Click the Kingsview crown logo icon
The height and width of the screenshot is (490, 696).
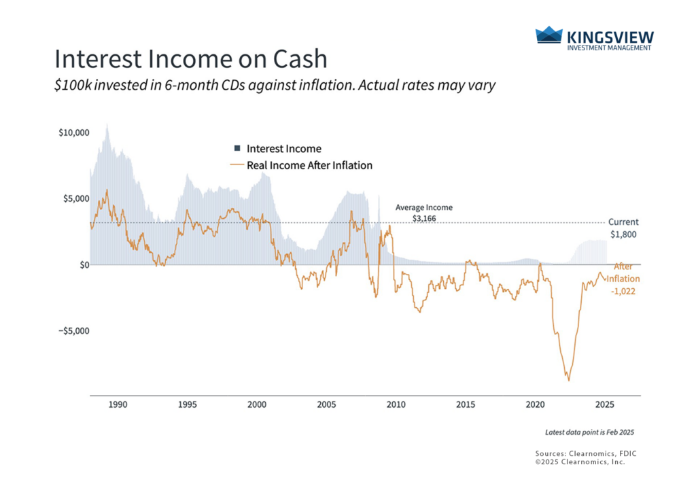coord(549,36)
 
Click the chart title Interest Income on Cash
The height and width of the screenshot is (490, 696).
coord(190,59)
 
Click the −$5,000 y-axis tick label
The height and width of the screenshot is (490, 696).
coord(73,331)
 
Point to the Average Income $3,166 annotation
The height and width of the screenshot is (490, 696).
coord(423,213)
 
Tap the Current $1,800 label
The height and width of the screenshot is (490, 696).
coord(623,228)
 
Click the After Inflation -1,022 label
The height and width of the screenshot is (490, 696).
coord(625,279)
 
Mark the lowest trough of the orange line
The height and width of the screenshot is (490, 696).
coord(568,381)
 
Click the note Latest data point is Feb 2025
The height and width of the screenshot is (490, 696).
coord(589,432)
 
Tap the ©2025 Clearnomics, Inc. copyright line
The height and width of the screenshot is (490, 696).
coord(580,461)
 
